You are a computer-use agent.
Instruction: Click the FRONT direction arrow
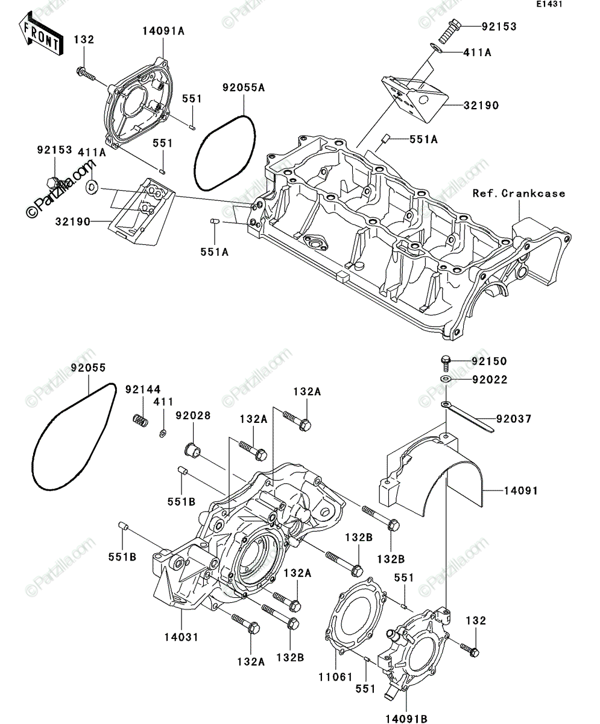coord(41,34)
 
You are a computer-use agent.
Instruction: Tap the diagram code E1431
coord(549,4)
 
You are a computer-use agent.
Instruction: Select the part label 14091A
coord(163,31)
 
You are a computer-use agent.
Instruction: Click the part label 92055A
coord(244,87)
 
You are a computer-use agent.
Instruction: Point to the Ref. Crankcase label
coord(519,194)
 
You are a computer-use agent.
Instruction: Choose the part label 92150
coord(489,361)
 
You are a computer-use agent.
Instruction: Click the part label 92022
coord(490,379)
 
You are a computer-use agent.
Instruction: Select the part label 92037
coord(514,419)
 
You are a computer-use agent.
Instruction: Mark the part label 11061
coord(336,677)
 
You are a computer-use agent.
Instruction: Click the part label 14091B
coord(406,716)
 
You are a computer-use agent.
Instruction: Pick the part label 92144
coord(143,389)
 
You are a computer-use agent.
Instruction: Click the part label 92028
coord(193,416)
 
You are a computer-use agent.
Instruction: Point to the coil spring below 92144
coord(141,421)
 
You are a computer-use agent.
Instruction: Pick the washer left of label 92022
coord(446,379)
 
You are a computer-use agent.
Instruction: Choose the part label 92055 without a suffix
coord(88,368)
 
